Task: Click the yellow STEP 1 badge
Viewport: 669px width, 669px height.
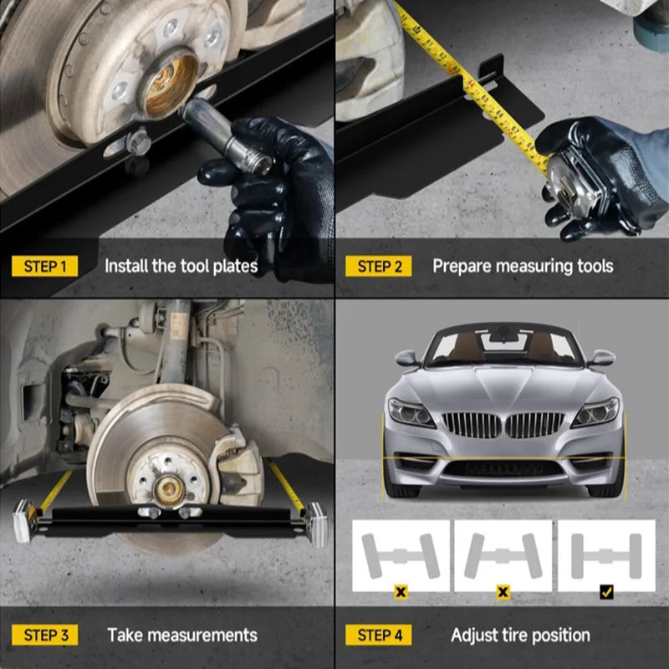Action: tap(45, 266)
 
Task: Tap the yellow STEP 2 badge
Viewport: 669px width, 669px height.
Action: tap(379, 266)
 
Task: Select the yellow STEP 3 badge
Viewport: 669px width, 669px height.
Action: tap(45, 635)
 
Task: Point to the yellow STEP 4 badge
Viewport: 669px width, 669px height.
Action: tap(379, 635)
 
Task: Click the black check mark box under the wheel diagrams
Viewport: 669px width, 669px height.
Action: tap(606, 592)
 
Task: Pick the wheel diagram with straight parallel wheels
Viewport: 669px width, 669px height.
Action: tap(606, 555)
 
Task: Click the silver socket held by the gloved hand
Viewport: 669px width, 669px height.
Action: tap(227, 135)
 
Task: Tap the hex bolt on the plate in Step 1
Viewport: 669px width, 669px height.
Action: tap(138, 141)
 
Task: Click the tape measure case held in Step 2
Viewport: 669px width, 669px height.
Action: tap(574, 183)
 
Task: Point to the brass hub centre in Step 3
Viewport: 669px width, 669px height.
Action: tap(169, 490)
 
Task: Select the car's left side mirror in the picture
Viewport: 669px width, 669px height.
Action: tap(407, 358)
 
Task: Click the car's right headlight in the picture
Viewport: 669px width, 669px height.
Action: tap(595, 412)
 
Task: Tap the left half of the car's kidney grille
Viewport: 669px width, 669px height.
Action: tap(471, 425)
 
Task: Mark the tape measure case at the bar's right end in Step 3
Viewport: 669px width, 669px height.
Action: tap(316, 524)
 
